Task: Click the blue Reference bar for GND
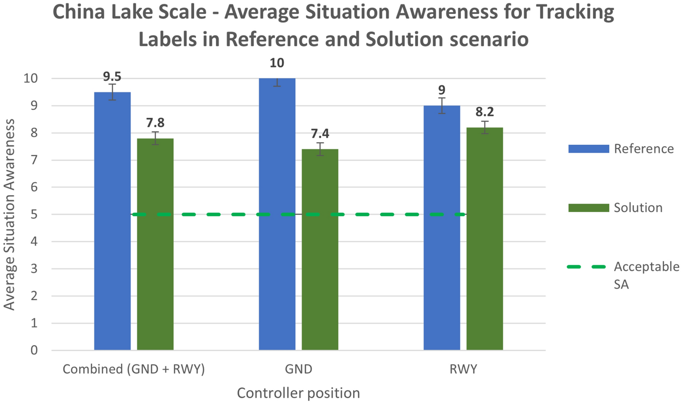coord(277,214)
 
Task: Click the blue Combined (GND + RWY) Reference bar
coord(112,221)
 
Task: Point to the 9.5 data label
coord(112,76)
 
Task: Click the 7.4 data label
coord(320,133)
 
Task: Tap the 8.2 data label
coord(485,112)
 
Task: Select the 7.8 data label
coord(155,123)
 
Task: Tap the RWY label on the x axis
coord(462,369)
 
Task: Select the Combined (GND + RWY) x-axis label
coord(133,369)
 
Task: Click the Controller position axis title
coord(298,393)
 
